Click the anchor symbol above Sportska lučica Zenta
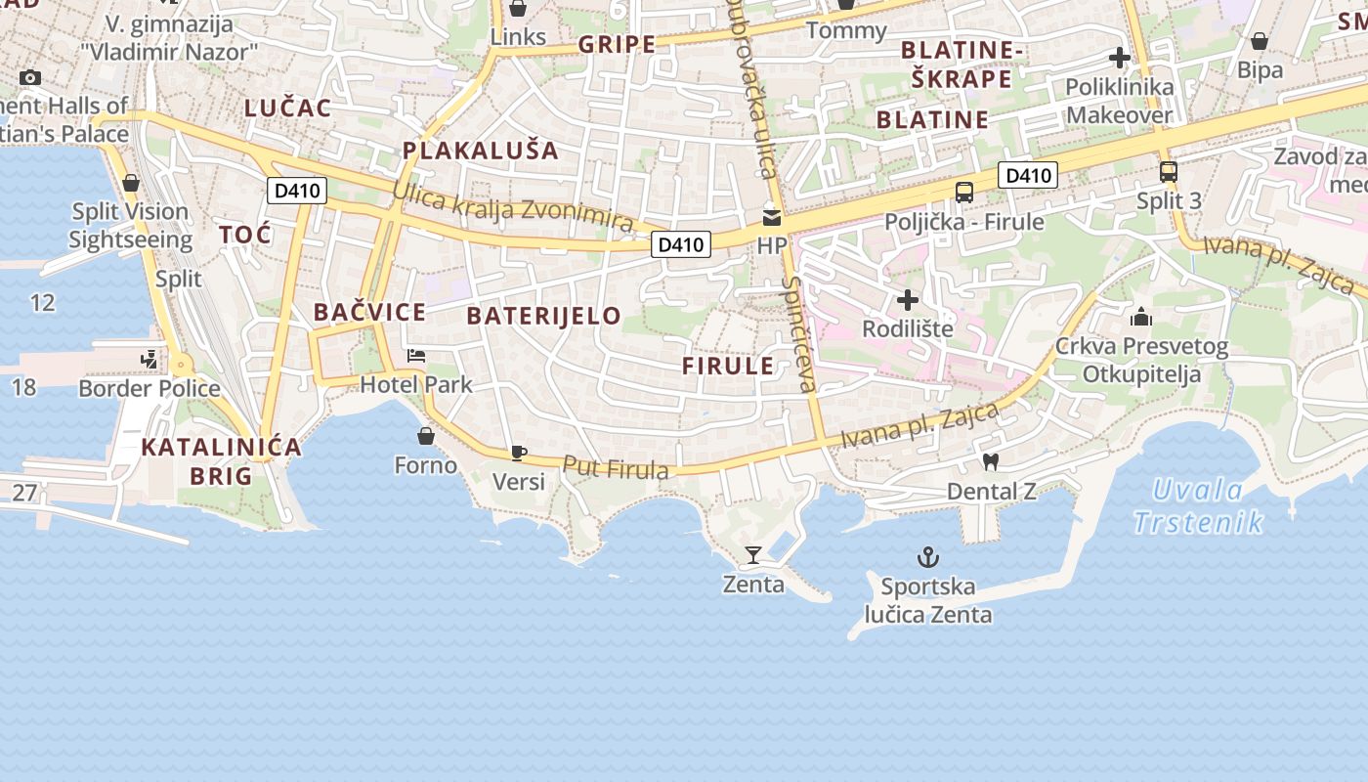pyautogui.click(x=927, y=557)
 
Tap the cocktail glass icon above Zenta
pyautogui.click(x=752, y=555)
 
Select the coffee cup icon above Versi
pyautogui.click(x=518, y=453)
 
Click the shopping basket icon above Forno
pyautogui.click(x=426, y=435)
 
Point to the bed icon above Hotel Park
pyautogui.click(x=416, y=356)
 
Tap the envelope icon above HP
pyautogui.click(x=772, y=217)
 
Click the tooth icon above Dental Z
pyautogui.click(x=990, y=461)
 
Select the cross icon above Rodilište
pyautogui.click(x=908, y=300)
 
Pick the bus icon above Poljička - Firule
pyautogui.click(x=964, y=193)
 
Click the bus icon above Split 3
pyautogui.click(x=1169, y=172)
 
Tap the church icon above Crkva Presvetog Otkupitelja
pyautogui.click(x=1140, y=317)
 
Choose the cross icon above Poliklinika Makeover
pyautogui.click(x=1120, y=59)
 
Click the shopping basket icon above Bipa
pyautogui.click(x=1260, y=41)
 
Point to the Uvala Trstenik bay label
pyautogui.click(x=1198, y=505)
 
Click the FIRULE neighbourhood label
pyautogui.click(x=728, y=367)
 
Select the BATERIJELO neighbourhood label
pyautogui.click(x=543, y=316)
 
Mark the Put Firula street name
pyautogui.click(x=616, y=467)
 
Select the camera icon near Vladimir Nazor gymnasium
pyautogui.click(x=30, y=78)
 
